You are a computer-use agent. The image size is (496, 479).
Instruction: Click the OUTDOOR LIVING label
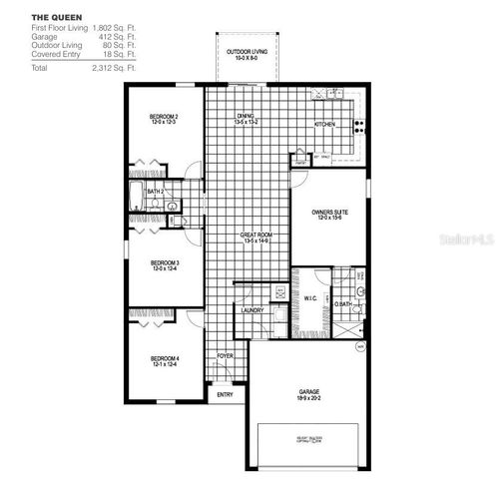[245, 51]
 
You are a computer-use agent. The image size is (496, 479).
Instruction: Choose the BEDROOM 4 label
[165, 358]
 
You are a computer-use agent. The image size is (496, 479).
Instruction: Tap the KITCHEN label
[325, 125]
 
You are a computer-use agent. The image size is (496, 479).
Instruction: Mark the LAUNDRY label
[252, 309]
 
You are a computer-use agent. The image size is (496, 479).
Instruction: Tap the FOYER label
[226, 355]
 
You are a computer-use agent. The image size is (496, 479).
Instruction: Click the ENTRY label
[225, 394]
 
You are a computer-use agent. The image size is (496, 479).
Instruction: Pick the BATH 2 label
[155, 191]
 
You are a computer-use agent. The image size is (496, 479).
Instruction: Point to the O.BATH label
[342, 304]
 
